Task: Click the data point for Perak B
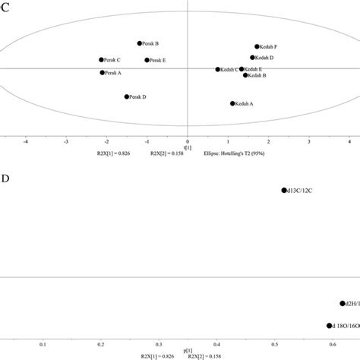pyautogui.click(x=139, y=43)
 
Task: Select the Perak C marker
pyautogui.click(x=101, y=59)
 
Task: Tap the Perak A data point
pyautogui.click(x=102, y=73)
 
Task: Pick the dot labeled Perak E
pyautogui.click(x=147, y=60)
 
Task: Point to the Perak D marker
pyautogui.click(x=126, y=96)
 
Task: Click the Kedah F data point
pyautogui.click(x=257, y=47)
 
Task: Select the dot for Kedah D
pyautogui.click(x=253, y=58)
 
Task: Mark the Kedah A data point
pyautogui.click(x=232, y=103)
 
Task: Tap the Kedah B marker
pyautogui.click(x=245, y=75)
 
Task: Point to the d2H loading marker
pyautogui.click(x=343, y=303)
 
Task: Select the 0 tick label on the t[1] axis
pyautogui.click(x=187, y=141)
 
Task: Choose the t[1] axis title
pyautogui.click(x=187, y=147)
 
